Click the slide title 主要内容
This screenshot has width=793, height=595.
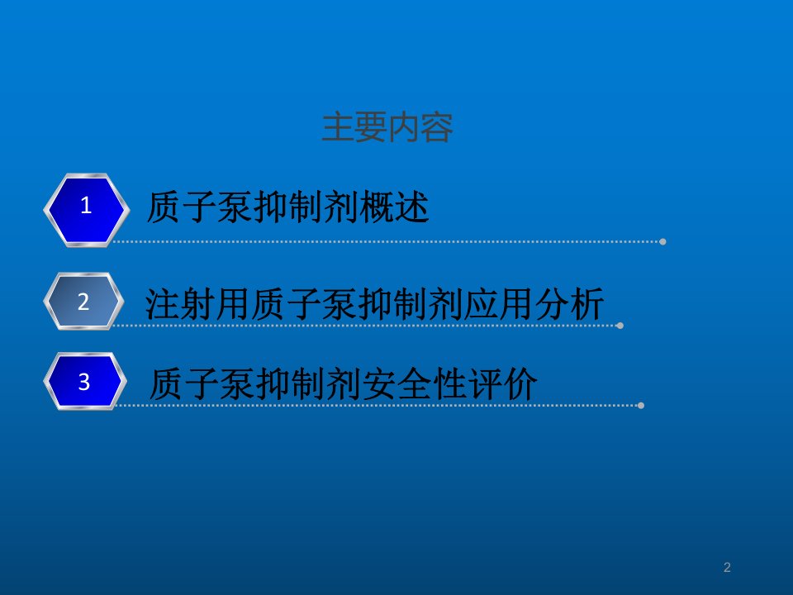[387, 127]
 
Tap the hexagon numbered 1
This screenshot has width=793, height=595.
[87, 210]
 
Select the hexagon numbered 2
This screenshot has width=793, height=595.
[84, 302]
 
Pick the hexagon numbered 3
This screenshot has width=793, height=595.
[85, 381]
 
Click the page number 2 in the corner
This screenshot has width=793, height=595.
[727, 567]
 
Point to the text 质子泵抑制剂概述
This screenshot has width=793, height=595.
[287, 207]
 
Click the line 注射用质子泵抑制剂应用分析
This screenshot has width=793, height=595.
[375, 303]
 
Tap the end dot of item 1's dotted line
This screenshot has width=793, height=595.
[662, 242]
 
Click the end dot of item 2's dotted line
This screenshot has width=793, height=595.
[620, 326]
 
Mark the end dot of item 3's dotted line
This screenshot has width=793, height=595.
[641, 406]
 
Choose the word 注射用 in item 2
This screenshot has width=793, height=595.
[197, 303]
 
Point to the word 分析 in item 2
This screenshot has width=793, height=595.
[569, 303]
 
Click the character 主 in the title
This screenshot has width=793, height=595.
[338, 127]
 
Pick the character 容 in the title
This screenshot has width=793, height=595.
[437, 127]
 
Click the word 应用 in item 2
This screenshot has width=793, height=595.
[499, 303]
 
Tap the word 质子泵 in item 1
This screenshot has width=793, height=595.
[199, 207]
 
